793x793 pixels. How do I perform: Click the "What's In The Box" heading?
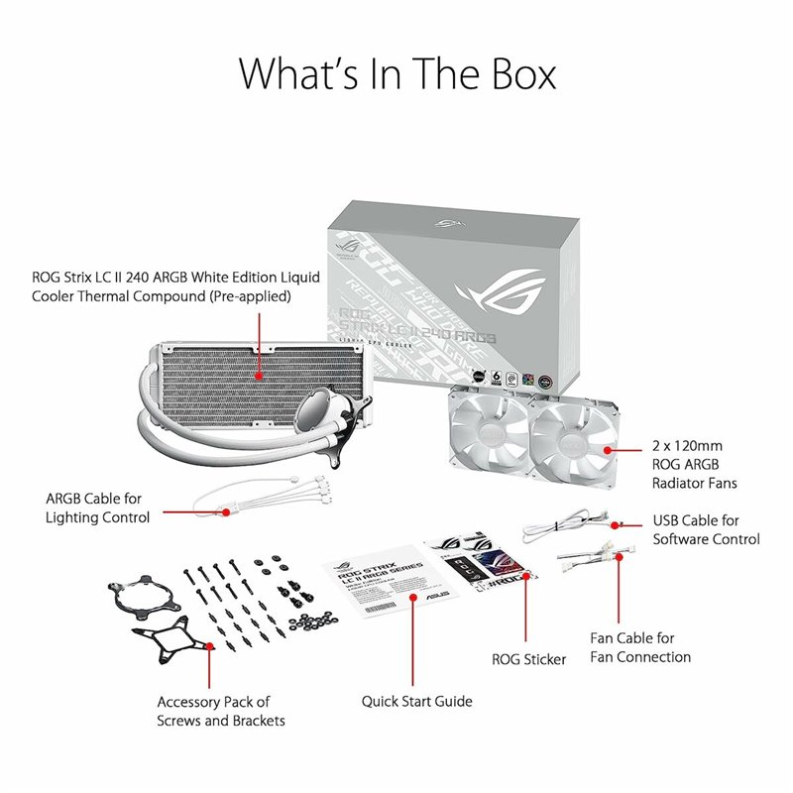396,74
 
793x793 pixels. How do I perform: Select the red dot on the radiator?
259,376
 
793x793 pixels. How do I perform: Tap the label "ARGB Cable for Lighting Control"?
98,508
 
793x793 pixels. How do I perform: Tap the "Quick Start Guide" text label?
416,701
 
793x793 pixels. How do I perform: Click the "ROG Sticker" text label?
529,659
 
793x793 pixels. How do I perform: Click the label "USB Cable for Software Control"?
706,529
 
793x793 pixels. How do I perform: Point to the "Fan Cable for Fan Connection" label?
639,647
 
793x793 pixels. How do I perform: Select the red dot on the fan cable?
620,557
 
